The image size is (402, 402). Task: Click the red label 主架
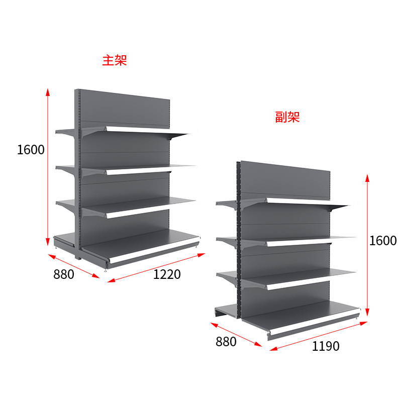pos(115,61)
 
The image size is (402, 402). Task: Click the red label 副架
pos(287,118)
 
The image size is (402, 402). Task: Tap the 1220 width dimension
pos(167,274)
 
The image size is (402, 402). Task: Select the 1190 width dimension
pos(326,346)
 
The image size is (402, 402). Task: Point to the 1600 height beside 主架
pos(31,150)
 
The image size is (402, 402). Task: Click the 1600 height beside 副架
pos(383,241)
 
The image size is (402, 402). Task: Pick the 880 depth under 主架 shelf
pos(63,274)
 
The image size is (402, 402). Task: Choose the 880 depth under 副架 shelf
pos(226,342)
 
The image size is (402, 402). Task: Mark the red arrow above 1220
pos(156,267)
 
